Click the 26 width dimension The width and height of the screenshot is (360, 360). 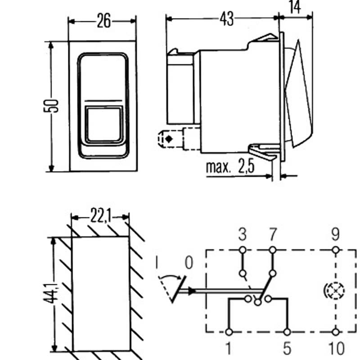(x=103, y=21)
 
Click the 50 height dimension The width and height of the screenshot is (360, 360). (x=53, y=106)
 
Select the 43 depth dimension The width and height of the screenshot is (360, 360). (x=226, y=19)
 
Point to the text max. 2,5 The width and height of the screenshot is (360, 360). (x=230, y=167)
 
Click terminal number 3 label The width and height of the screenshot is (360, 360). (x=243, y=234)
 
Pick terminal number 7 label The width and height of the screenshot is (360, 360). (x=272, y=234)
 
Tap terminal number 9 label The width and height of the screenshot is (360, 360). (x=335, y=234)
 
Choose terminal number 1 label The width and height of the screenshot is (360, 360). (x=229, y=348)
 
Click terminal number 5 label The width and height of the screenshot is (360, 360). (x=287, y=348)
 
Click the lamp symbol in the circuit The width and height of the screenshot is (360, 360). (x=335, y=291)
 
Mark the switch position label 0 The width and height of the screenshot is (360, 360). (x=189, y=262)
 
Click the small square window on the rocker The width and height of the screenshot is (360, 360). (x=104, y=125)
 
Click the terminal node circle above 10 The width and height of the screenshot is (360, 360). (x=335, y=332)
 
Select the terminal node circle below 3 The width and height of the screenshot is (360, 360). (x=243, y=250)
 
